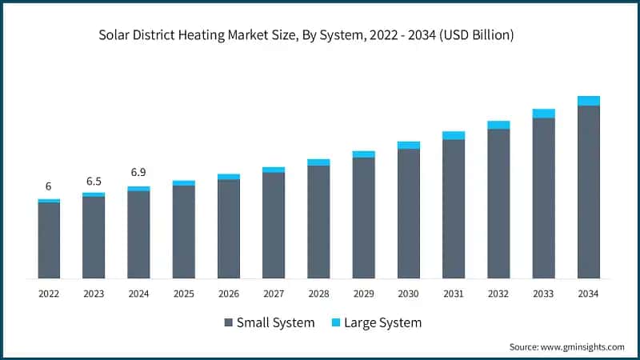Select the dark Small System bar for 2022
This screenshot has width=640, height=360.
(49, 240)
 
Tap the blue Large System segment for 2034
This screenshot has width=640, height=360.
(589, 101)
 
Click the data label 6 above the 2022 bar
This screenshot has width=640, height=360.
(49, 186)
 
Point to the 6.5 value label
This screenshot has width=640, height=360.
(94, 181)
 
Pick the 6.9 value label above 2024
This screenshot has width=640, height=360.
(138, 173)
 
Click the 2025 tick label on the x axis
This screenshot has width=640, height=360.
(183, 294)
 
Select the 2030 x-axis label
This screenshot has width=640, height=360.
(409, 294)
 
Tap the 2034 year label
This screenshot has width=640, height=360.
(589, 294)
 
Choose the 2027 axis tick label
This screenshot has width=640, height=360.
(274, 294)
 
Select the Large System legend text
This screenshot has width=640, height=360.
(383, 322)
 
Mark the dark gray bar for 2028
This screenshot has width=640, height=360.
(318, 222)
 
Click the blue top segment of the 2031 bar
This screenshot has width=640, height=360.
(454, 135)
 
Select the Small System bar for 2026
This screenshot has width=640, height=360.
(229, 229)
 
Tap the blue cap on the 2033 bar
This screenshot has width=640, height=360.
(544, 114)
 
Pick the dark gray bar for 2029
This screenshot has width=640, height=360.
(363, 218)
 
